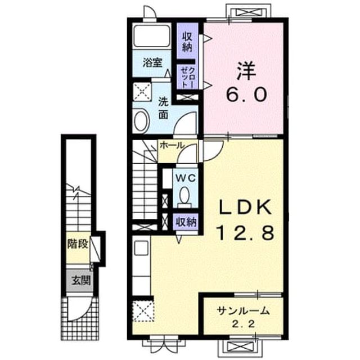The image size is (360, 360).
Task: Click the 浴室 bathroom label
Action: (x=152, y=62)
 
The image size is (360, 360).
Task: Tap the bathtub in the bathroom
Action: (x=152, y=35)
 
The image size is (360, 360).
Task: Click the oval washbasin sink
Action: (x=142, y=121)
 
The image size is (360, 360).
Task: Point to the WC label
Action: (x=186, y=178)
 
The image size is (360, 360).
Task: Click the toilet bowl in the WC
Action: (x=184, y=195)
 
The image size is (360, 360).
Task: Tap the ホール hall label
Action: (x=172, y=145)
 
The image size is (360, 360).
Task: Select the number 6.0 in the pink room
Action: (x=247, y=94)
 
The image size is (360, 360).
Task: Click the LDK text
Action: (x=245, y=207)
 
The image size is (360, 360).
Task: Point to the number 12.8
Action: (x=245, y=232)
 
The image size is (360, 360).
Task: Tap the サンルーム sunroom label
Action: (x=243, y=311)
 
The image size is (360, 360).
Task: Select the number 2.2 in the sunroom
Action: (x=244, y=325)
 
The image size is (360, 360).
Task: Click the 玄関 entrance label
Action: (x=81, y=281)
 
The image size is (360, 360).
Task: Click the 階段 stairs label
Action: (x=78, y=244)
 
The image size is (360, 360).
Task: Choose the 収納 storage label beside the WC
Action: (x=186, y=222)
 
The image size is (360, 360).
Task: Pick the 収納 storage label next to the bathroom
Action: (x=187, y=42)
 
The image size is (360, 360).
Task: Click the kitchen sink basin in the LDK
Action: (x=141, y=248)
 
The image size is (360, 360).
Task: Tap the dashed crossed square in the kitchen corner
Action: (x=143, y=311)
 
